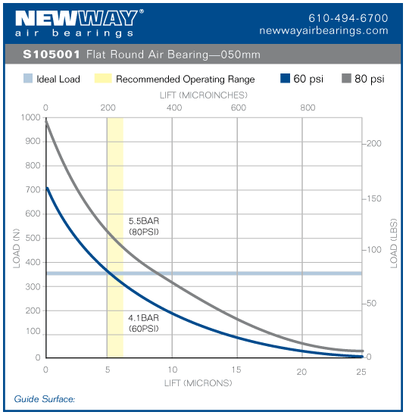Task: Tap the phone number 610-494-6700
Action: click(348, 18)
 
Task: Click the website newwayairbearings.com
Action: click(323, 31)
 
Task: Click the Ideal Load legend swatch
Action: click(27, 79)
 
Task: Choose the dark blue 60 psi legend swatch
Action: click(286, 79)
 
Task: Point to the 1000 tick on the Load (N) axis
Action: click(30, 117)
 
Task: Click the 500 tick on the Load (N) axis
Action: click(33, 238)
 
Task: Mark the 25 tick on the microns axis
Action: click(361, 370)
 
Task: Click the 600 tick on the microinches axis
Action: click(239, 108)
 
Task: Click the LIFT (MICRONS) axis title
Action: click(198, 382)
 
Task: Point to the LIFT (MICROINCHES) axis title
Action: click(204, 96)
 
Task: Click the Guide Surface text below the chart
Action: click(45, 398)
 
